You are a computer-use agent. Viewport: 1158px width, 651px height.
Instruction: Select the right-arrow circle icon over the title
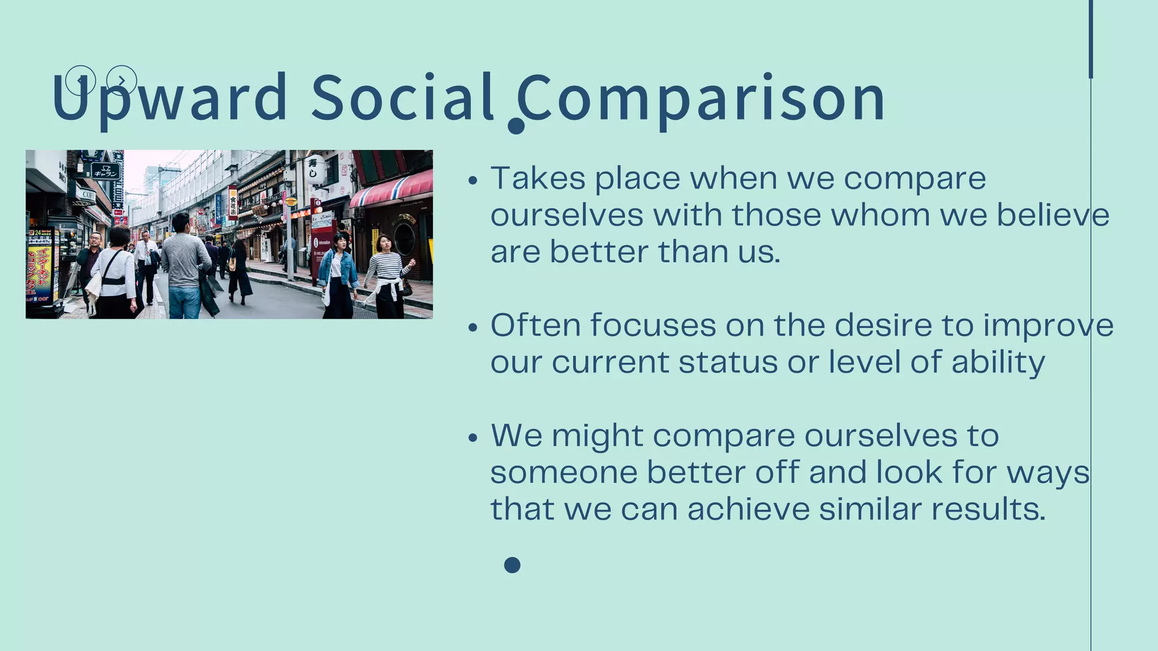[122, 80]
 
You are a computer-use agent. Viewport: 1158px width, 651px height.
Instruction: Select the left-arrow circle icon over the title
[80, 80]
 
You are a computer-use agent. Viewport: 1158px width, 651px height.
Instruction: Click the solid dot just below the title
[516, 126]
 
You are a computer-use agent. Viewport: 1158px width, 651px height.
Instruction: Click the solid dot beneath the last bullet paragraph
[512, 565]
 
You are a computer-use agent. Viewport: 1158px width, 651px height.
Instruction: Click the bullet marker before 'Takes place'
[473, 181]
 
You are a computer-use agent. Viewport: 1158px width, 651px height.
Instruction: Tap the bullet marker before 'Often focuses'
[473, 328]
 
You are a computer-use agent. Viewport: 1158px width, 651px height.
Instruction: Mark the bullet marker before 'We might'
[473, 438]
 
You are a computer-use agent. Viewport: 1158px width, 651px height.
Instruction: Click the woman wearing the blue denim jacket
[338, 271]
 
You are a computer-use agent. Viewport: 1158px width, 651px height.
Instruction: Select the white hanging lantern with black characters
[314, 169]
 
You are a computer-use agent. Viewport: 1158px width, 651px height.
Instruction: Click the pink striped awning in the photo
[391, 189]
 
